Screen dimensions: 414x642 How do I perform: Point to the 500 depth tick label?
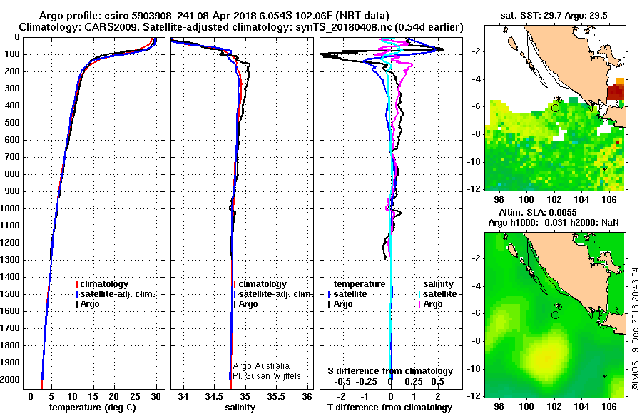click(13, 123)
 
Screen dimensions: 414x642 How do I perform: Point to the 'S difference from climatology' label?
click(390, 371)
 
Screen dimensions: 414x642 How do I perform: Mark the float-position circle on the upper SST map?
click(556, 108)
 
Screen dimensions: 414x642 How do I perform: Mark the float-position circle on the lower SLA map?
click(556, 315)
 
